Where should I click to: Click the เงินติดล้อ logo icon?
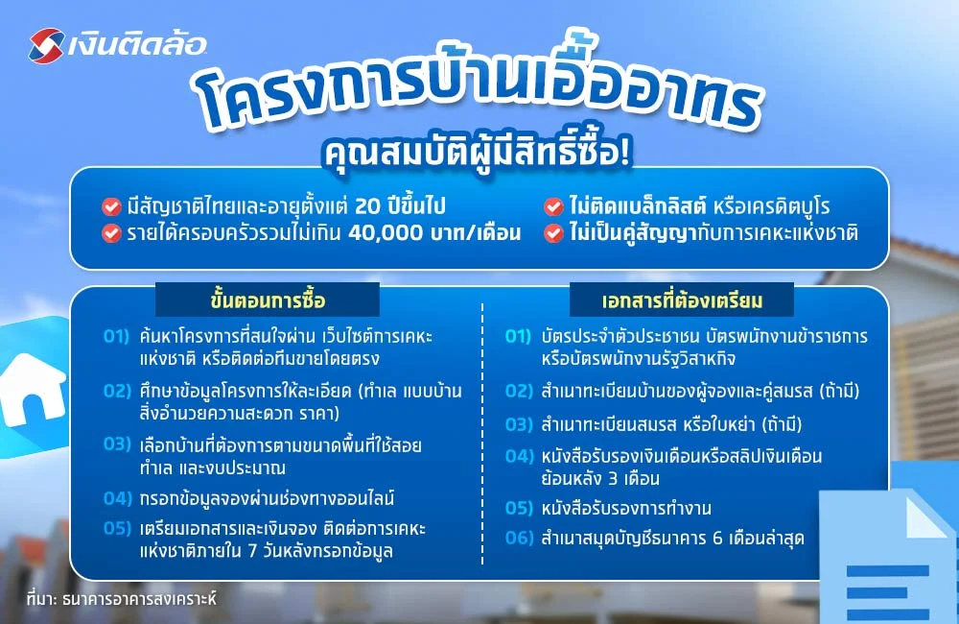tap(47, 44)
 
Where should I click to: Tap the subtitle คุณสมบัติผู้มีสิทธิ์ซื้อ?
tap(478, 151)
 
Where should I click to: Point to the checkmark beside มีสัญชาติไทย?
tap(111, 206)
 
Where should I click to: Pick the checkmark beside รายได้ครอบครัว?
tap(111, 232)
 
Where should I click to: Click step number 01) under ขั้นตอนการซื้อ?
tap(117, 338)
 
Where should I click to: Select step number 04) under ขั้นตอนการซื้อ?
tap(117, 498)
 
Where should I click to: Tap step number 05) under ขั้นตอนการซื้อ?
tap(117, 530)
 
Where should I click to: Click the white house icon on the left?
tap(29, 384)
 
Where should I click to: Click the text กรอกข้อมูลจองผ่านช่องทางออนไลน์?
tap(267, 498)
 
